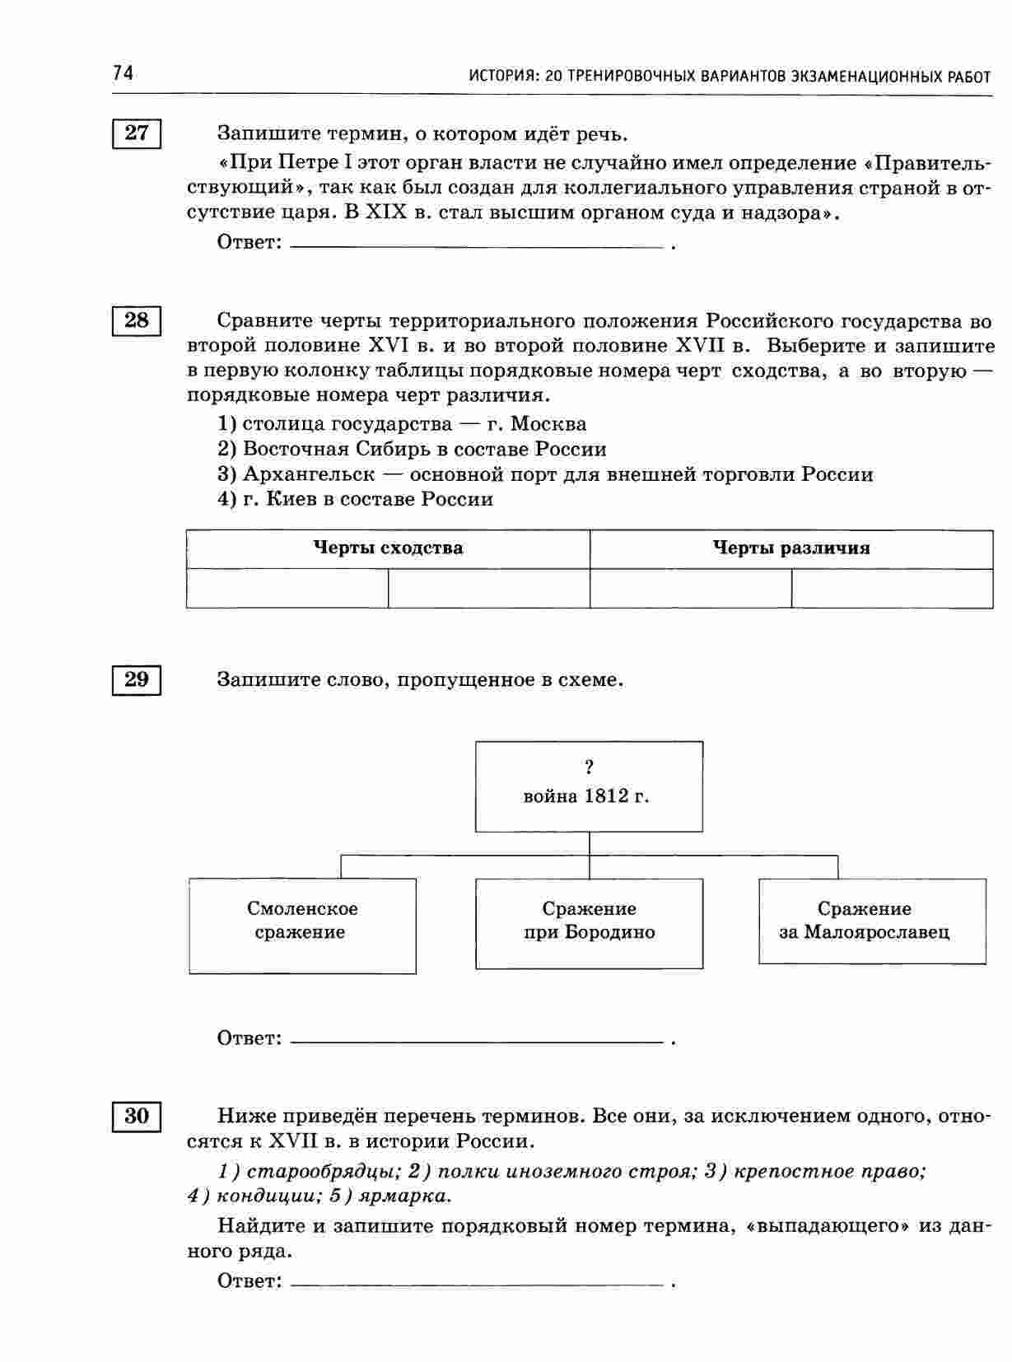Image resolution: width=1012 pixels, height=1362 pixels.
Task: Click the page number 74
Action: pos(123,74)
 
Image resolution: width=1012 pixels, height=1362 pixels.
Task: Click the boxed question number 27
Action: pos(136,133)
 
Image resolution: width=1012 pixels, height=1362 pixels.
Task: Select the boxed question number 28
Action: pos(136,320)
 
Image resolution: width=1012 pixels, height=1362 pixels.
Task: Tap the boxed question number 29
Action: pos(136,679)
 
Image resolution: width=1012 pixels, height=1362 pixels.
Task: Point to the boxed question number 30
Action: pos(136,1116)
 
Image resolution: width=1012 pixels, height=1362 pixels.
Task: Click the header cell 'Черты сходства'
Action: pos(388,548)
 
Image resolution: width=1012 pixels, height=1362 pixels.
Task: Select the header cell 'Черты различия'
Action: pos(790,548)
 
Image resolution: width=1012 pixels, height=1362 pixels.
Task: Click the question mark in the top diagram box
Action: pos(589,767)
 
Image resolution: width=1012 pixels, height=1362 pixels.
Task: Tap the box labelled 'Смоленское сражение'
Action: pos(302,925)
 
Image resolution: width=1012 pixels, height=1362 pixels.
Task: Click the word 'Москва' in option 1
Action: pos(548,424)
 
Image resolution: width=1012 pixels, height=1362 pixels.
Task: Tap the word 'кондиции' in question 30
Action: pos(255,1195)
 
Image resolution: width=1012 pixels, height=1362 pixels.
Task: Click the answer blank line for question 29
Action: pos(478,1042)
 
